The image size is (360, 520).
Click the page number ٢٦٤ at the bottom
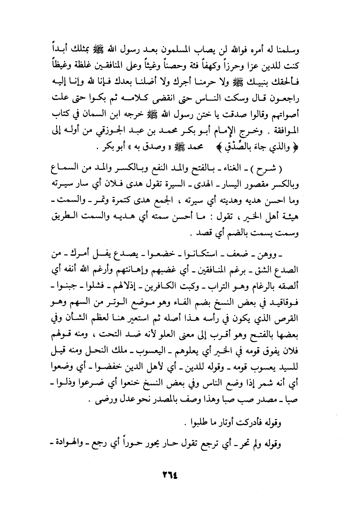169,473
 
